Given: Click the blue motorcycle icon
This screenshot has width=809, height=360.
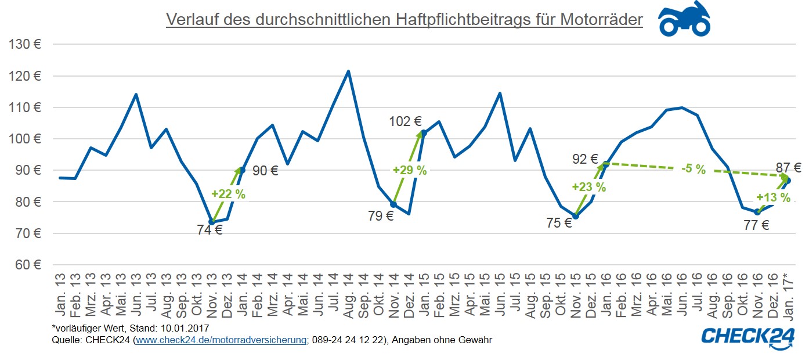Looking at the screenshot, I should pyautogui.click(x=684, y=19).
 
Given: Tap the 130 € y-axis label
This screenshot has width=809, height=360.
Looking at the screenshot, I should pyautogui.click(x=25, y=44).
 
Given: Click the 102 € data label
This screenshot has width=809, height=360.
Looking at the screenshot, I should pyautogui.click(x=405, y=122).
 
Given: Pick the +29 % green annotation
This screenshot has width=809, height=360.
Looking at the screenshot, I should pyautogui.click(x=409, y=170).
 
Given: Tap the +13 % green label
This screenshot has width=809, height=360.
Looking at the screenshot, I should pyautogui.click(x=773, y=197).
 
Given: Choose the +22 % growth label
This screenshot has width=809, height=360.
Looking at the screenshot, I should pyautogui.click(x=228, y=195).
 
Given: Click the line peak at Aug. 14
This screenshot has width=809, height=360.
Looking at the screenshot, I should pyautogui.click(x=348, y=71).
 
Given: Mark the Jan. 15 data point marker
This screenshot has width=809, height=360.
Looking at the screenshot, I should pyautogui.click(x=424, y=133).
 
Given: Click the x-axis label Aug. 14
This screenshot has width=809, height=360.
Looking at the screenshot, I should pyautogui.click(x=348, y=295).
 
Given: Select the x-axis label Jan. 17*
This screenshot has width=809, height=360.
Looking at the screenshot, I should pyautogui.click(x=788, y=295).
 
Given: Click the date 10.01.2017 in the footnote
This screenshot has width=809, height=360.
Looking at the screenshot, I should pyautogui.click(x=187, y=329).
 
